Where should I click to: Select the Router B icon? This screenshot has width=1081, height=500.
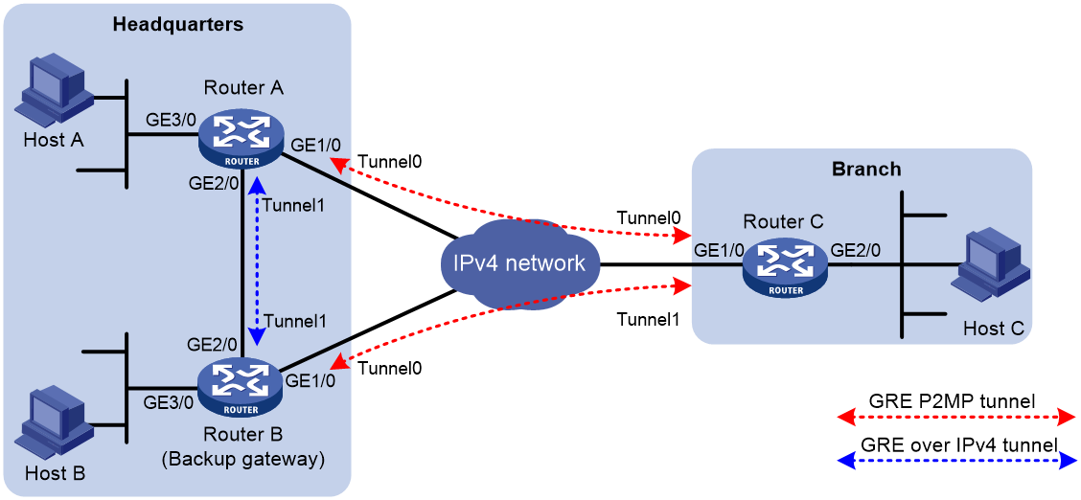coord(241,389)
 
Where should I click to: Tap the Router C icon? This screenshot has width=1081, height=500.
coord(785,268)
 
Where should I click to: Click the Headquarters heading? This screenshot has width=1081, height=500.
coord(178,25)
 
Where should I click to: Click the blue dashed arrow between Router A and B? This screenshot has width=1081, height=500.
coord(258,260)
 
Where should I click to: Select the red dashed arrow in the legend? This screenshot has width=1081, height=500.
coord(956,418)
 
